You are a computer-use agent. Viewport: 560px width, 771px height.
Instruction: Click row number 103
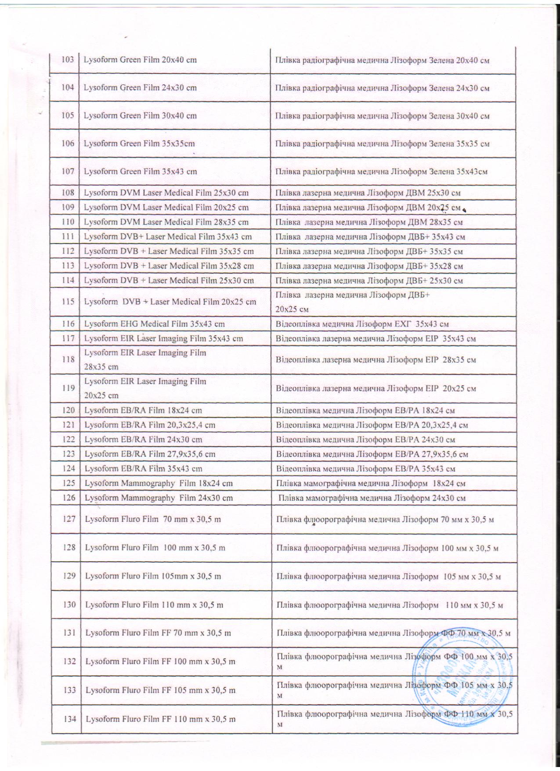point(68,60)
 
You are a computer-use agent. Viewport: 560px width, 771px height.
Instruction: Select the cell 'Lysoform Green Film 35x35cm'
point(139,143)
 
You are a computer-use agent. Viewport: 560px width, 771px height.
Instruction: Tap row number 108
point(68,193)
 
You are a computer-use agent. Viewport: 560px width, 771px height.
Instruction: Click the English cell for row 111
point(168,236)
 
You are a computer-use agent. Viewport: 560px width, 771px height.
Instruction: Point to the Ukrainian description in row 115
point(352,302)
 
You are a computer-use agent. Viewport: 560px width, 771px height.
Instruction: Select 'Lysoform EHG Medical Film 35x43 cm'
point(155,324)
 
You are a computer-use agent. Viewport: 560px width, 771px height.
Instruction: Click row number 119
point(69,388)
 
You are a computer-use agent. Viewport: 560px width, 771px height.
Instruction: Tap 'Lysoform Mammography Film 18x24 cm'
point(159,483)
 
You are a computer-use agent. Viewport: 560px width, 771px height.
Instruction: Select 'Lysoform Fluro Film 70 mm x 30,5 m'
point(153,519)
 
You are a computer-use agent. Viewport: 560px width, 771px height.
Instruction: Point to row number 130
point(69,604)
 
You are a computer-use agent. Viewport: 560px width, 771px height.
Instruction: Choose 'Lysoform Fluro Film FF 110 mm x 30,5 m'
point(160,719)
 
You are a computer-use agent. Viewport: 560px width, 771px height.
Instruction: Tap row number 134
point(69,719)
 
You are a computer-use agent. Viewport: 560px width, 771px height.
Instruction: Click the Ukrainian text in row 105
point(382,116)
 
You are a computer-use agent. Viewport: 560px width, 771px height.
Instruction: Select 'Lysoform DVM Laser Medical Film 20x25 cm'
point(166,207)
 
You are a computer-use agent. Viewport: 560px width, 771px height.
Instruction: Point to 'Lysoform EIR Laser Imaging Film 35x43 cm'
point(164,338)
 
